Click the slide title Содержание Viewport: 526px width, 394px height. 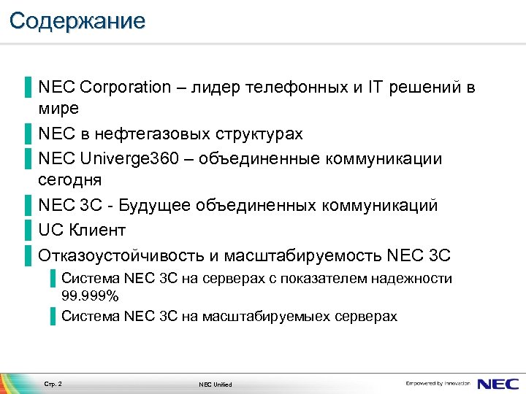[77, 20]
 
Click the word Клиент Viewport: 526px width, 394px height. [98, 231]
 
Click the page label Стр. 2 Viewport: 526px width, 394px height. [53, 384]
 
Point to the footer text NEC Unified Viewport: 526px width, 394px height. [215, 385]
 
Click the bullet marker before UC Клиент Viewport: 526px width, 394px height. [27, 231]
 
